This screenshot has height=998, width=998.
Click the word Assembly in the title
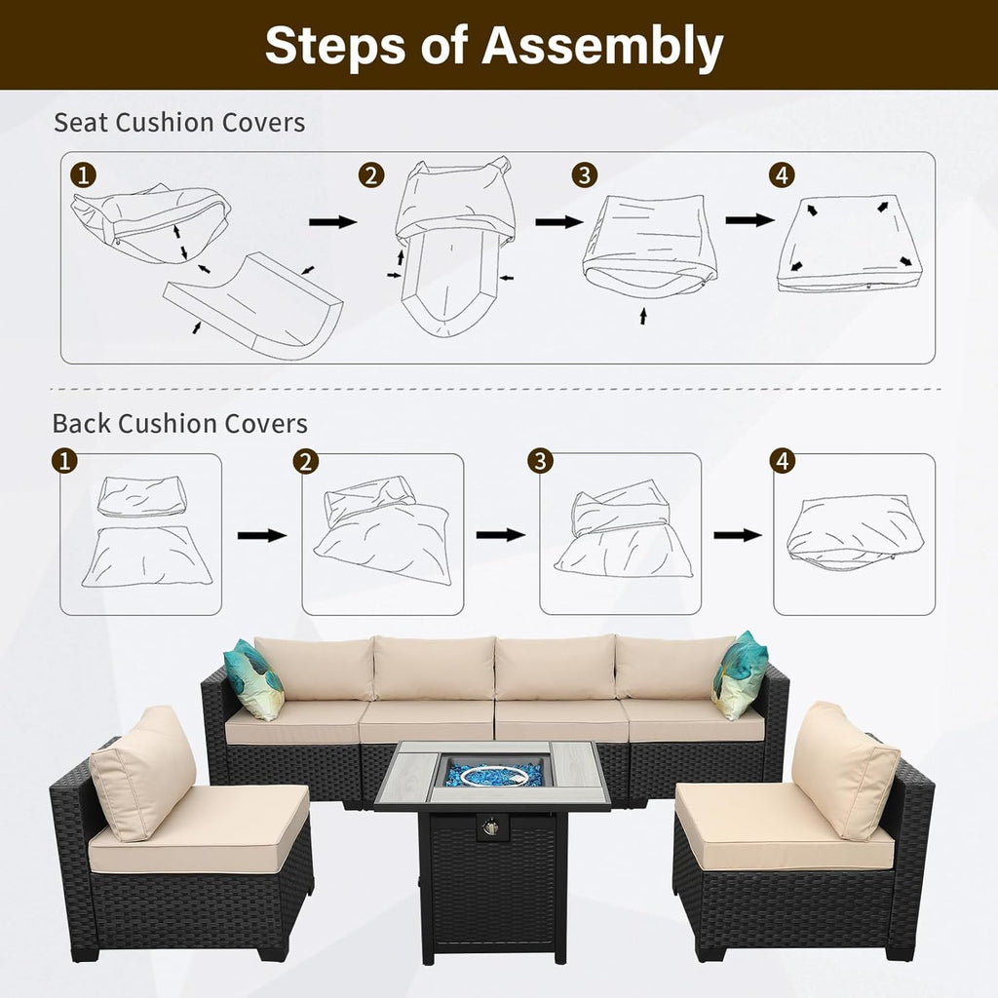click(602, 46)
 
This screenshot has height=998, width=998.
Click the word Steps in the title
click(335, 45)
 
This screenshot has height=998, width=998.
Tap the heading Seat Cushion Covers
click(179, 122)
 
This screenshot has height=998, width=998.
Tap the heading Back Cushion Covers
click(180, 423)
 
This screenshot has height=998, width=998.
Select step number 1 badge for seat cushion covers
click(84, 174)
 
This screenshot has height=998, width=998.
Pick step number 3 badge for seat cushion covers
click(585, 175)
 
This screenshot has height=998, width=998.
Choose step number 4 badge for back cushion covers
click(783, 460)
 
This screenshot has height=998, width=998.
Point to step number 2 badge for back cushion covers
click(306, 461)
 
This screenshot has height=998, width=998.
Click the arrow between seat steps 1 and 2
click(333, 221)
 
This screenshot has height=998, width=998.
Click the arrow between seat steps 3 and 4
click(749, 220)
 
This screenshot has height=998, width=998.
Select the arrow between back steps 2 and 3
click(500, 535)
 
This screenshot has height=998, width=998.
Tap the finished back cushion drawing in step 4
click(853, 533)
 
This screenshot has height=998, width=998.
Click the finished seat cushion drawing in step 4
click(850, 246)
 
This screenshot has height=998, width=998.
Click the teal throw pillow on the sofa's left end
click(253, 679)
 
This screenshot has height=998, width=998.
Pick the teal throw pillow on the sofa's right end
click(740, 676)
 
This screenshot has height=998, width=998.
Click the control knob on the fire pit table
click(489, 827)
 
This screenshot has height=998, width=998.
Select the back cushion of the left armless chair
click(143, 772)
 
